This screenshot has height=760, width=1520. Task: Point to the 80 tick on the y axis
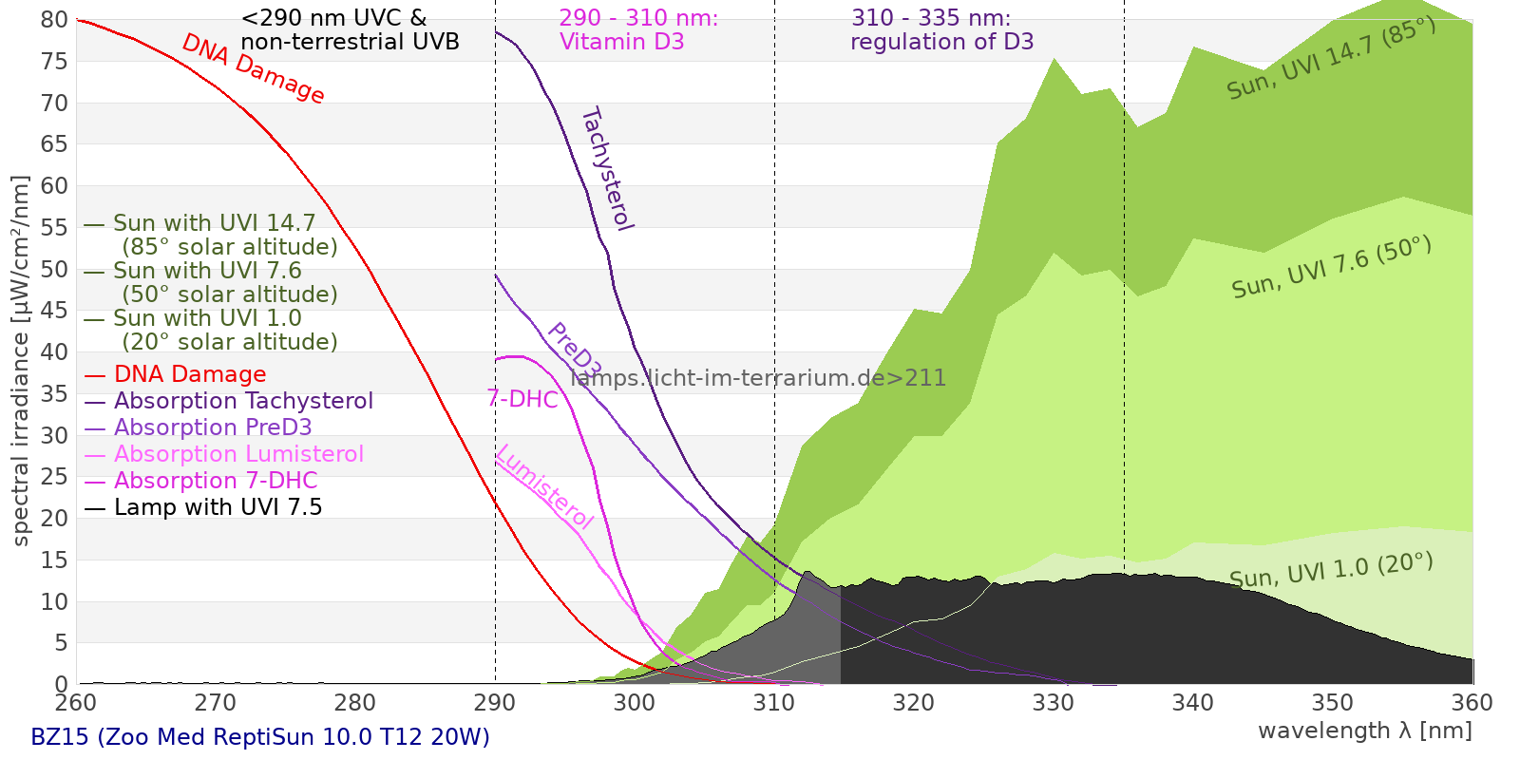55,20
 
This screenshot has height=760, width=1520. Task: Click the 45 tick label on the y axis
55,311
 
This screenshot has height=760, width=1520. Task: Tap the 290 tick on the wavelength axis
495,703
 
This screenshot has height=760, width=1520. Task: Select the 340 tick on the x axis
1193,703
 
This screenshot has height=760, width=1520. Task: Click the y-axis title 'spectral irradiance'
21,361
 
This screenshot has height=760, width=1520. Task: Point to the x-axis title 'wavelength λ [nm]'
1365,731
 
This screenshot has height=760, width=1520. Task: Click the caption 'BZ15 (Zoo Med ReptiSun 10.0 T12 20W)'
260,737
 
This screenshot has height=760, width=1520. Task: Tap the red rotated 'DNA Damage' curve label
253,68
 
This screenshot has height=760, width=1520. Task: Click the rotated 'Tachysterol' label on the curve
606,169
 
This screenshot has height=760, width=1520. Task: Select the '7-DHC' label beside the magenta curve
522,399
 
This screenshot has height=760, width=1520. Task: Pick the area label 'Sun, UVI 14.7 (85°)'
1330,59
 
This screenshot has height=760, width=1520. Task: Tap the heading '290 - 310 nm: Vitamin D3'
637,30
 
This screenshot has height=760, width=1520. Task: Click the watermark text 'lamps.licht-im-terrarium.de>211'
758,378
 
